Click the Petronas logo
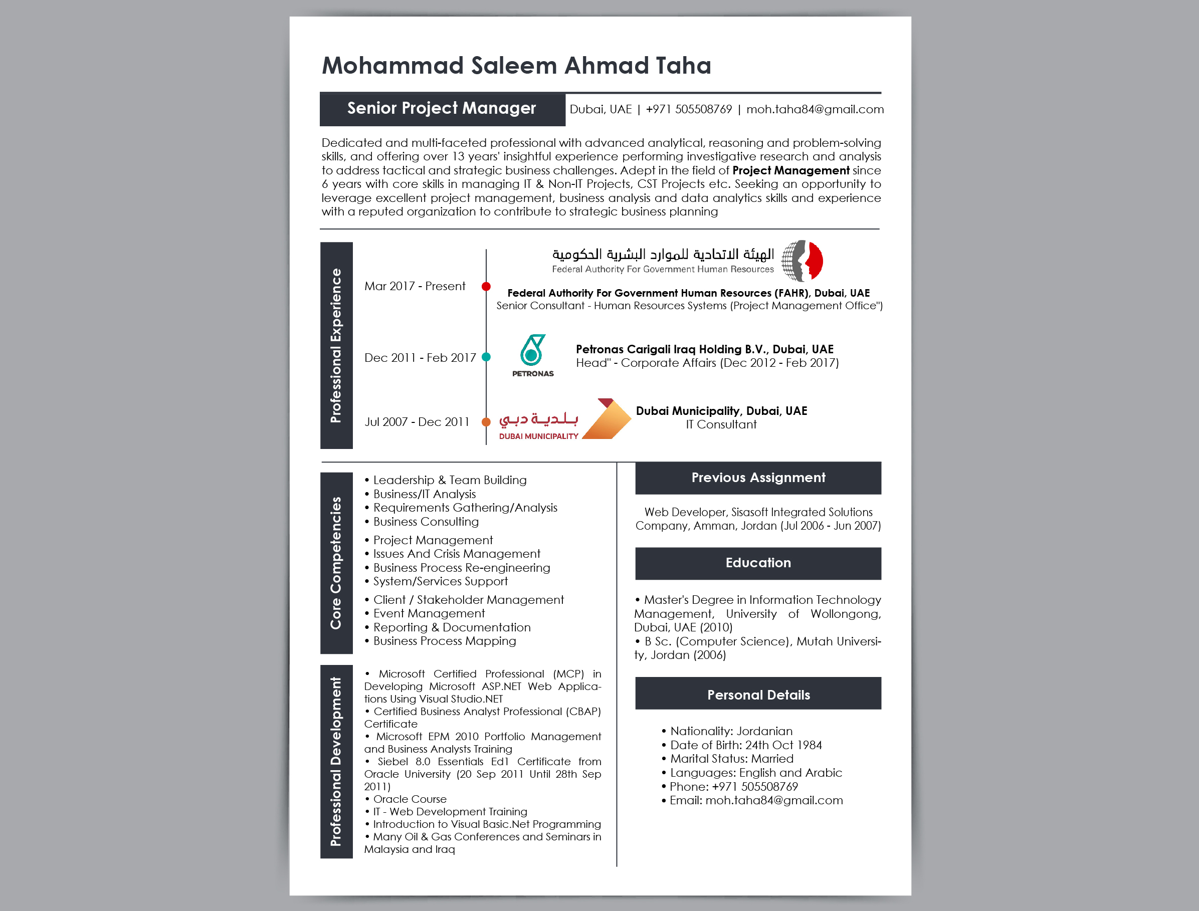coord(532,355)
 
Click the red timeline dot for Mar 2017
coord(486,286)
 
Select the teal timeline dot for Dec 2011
coord(486,357)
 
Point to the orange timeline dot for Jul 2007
coord(486,422)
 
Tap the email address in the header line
coord(815,110)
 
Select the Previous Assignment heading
coord(757,478)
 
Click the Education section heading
coord(757,563)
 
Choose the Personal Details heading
coord(757,695)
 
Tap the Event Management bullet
coord(429,613)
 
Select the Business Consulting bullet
coord(426,522)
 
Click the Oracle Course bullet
coord(410,799)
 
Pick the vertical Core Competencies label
coord(336,563)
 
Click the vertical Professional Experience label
coord(336,345)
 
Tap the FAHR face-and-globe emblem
coord(802,261)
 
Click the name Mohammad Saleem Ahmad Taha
coord(516,66)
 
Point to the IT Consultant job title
coord(721,424)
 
